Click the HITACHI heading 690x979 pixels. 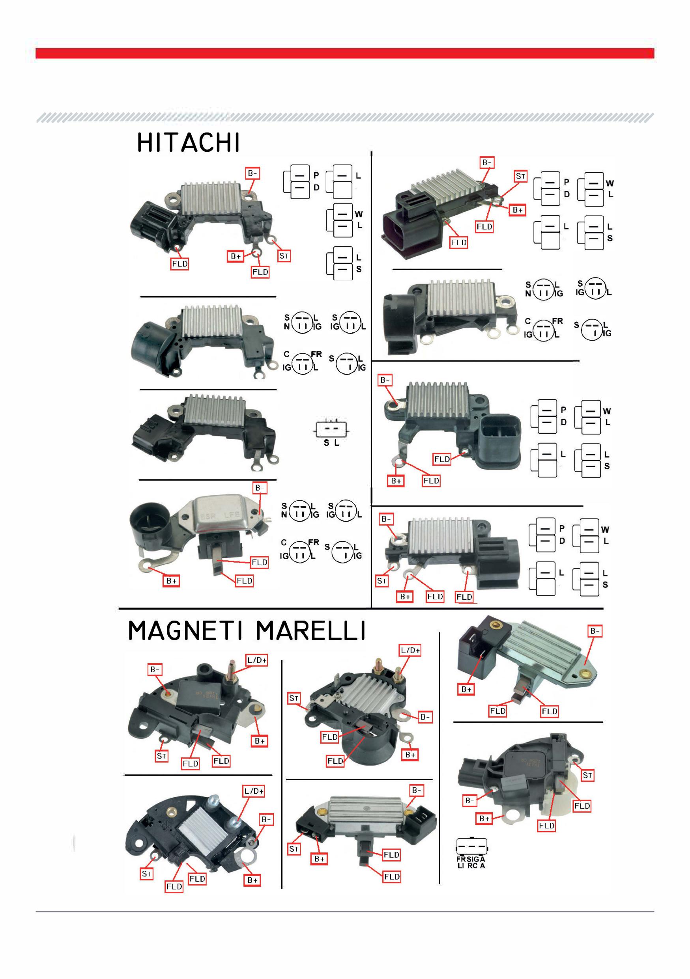tap(188, 143)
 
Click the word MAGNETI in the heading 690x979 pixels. tap(185, 630)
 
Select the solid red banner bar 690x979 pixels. tap(345, 53)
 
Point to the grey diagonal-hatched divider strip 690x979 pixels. tap(345, 117)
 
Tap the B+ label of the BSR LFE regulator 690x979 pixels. tap(172, 581)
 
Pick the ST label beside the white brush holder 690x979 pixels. tap(587, 775)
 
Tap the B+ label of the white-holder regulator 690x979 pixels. tap(484, 819)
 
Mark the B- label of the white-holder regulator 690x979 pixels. tap(469, 801)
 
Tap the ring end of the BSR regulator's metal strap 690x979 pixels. tap(145, 565)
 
